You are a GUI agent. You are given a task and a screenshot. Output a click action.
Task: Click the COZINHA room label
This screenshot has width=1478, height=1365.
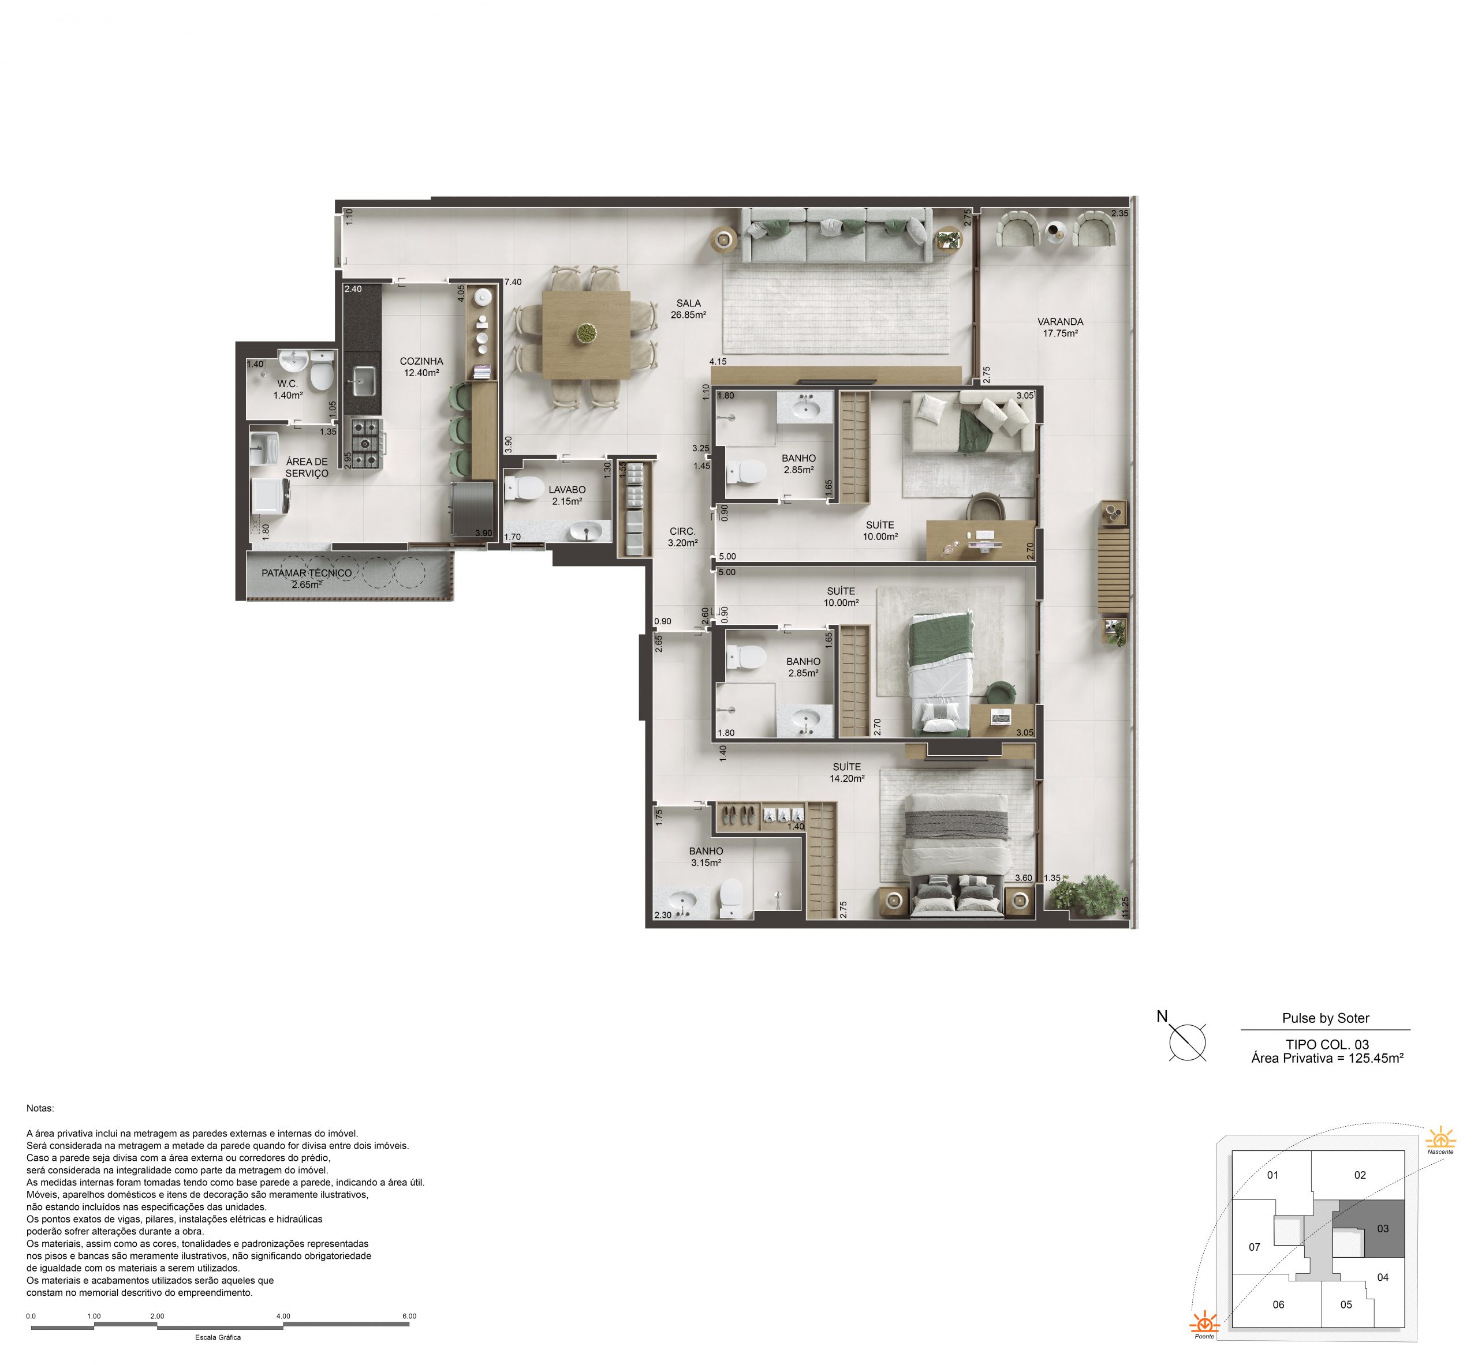(x=421, y=361)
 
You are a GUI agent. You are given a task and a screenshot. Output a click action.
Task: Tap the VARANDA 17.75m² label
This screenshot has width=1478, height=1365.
(x=1060, y=327)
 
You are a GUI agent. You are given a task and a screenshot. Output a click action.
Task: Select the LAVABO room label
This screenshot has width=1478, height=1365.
(x=567, y=490)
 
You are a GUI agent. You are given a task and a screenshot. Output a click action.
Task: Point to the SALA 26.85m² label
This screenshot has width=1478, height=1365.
(x=688, y=309)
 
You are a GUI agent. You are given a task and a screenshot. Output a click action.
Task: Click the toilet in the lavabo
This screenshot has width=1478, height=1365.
(x=525, y=487)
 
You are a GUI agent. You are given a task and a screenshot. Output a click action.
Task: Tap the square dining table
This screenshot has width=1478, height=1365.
(x=586, y=335)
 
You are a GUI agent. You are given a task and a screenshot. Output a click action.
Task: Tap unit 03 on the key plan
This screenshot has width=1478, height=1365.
(x=1383, y=1228)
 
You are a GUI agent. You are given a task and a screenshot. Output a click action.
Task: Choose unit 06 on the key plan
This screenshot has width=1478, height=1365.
(x=1278, y=1304)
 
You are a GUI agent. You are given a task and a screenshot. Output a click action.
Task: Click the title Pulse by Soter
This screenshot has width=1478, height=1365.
(x=1326, y=1018)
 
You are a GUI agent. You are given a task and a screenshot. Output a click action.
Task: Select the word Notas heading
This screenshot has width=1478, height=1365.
(x=40, y=1108)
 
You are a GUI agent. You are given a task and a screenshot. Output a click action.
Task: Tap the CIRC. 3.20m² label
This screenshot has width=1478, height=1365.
(x=682, y=537)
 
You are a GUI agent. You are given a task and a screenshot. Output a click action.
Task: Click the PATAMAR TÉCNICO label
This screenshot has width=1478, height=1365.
(x=307, y=573)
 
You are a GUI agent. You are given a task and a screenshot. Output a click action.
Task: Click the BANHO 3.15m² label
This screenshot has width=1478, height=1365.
(x=706, y=857)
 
